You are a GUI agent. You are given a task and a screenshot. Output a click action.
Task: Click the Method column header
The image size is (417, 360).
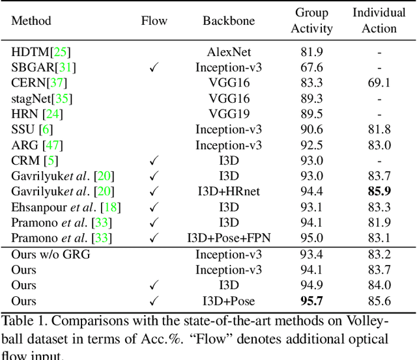(31, 20)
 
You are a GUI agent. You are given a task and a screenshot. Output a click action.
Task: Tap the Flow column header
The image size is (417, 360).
(154, 20)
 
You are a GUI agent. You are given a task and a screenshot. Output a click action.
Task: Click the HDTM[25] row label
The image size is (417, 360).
(40, 51)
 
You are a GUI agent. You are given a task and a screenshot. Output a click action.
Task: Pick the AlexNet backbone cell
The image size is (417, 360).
(229, 51)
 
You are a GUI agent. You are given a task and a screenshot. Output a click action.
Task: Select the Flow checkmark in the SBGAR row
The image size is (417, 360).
(154, 67)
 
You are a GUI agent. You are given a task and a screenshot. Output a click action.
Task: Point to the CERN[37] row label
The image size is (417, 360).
(39, 83)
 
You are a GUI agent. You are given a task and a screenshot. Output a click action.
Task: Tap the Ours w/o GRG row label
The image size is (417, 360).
(51, 255)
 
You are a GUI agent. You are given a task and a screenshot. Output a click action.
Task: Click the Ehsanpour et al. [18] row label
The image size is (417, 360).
(66, 207)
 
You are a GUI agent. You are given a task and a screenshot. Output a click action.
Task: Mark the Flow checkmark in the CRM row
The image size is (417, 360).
(154, 160)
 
